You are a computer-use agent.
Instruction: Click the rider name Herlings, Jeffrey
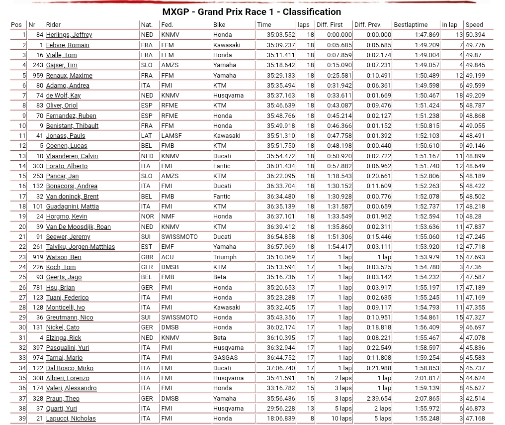click(x=69, y=35)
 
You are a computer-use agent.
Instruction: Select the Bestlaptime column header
click(x=410, y=24)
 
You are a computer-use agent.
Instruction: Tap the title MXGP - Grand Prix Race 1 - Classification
click(x=252, y=11)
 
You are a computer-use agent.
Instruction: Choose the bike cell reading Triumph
click(x=225, y=257)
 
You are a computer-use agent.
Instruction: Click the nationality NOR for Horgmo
click(x=147, y=216)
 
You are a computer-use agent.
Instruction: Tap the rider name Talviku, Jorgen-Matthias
click(x=80, y=247)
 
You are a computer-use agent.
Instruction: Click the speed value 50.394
click(x=475, y=35)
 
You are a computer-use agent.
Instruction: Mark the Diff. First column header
click(x=330, y=24)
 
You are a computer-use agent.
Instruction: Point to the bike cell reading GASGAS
click(x=225, y=358)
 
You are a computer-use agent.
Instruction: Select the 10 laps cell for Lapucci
click(x=341, y=419)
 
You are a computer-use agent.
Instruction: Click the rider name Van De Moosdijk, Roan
click(x=78, y=226)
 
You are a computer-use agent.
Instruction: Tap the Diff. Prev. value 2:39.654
click(x=379, y=398)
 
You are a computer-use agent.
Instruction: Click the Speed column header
click(x=474, y=24)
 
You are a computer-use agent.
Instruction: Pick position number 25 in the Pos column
click(x=22, y=277)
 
